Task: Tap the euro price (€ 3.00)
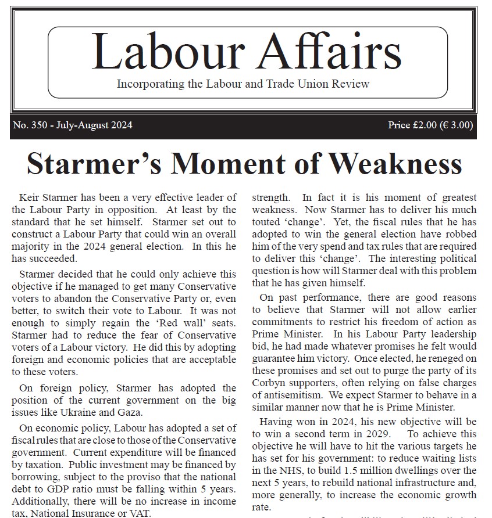(x=458, y=125)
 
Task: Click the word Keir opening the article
(x=29, y=198)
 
